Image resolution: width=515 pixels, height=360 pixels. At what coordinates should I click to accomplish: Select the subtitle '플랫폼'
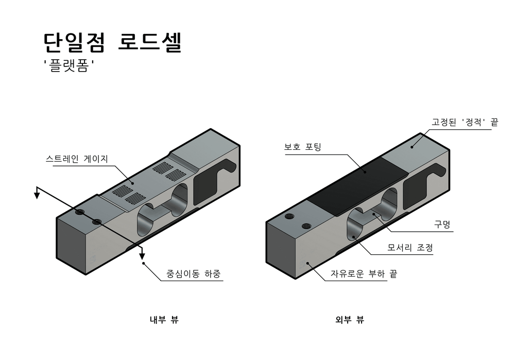(x=71, y=66)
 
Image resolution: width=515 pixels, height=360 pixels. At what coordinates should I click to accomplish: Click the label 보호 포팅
(x=303, y=147)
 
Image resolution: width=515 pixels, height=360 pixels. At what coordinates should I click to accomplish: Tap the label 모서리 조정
(x=410, y=248)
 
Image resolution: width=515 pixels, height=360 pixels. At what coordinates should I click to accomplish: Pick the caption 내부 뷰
(x=164, y=320)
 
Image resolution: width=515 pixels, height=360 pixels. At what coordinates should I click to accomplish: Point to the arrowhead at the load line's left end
(x=37, y=194)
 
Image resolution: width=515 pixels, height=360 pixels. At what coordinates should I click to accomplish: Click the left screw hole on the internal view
(x=79, y=212)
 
